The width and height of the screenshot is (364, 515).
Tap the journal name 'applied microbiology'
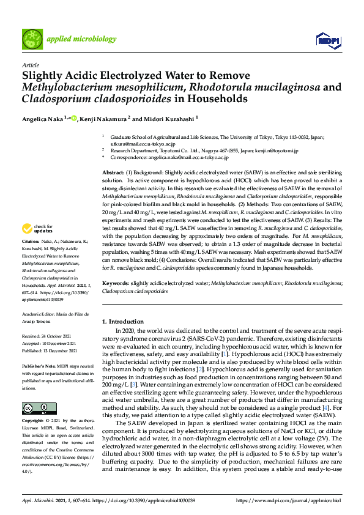tap(81, 39)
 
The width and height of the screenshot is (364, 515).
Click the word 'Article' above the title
tap(30, 64)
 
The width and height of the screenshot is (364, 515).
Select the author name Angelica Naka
tap(43, 118)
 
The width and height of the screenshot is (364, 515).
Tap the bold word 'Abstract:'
tap(114, 174)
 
